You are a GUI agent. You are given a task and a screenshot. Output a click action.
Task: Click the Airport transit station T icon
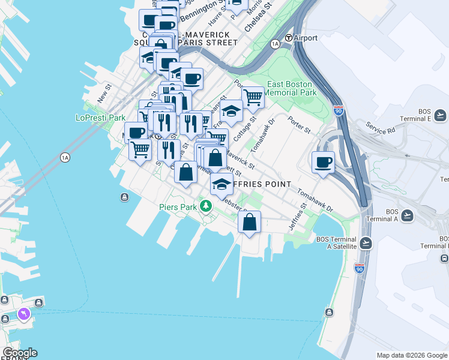coord(288,38)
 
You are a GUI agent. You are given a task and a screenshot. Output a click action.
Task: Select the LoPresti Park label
coord(100,118)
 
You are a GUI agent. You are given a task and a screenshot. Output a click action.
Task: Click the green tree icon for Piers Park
coord(206,206)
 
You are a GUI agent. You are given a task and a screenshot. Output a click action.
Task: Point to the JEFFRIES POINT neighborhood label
coord(258,184)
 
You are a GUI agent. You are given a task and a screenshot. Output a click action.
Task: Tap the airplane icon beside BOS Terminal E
coord(440,115)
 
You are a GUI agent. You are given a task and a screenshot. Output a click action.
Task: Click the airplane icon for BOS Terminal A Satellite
coord(366,243)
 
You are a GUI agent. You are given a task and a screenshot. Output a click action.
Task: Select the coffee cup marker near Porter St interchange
coord(323,161)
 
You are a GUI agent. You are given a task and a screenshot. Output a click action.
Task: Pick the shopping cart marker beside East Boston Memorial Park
coord(253,96)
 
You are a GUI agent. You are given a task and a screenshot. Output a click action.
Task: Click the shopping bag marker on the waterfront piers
coord(249,221)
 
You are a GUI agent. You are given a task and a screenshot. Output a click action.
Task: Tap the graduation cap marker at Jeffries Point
coord(221,182)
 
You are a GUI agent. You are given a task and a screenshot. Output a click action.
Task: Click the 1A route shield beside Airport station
coord(276,44)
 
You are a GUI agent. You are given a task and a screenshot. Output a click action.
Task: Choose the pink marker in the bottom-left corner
coord(23,313)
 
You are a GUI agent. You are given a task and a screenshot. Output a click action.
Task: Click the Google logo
coord(20,353)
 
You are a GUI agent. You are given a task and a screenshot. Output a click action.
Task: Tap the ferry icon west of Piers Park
coord(124,197)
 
